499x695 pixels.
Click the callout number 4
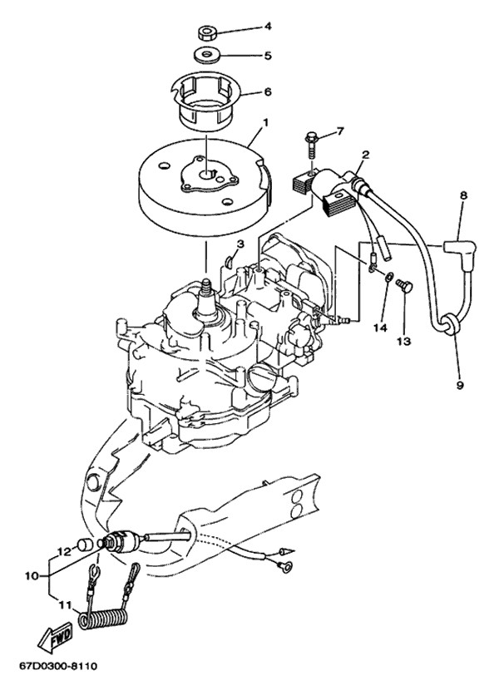268,26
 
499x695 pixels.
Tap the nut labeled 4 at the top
205,33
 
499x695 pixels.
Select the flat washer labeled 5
205,56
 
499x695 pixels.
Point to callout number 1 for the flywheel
266,121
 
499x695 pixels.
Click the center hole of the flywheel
207,175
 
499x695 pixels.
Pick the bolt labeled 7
311,143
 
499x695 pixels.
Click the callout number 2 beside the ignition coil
365,155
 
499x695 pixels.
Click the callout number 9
460,385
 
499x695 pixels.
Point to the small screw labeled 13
404,285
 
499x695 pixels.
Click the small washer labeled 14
388,278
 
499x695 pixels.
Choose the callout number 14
381,328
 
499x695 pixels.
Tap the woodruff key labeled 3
229,261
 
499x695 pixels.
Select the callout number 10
32,576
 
